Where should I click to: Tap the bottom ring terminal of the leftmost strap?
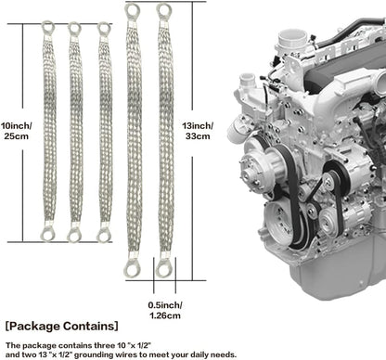tap(48, 234)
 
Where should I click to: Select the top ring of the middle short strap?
tap(75, 28)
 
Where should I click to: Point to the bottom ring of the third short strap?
tap(104, 234)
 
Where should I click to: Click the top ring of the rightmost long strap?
tap(164, 11)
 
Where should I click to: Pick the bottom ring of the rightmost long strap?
tap(164, 269)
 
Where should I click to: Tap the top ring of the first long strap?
tap(134, 11)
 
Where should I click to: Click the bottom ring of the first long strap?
tap(134, 269)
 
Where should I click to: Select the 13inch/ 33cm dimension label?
tap(198, 131)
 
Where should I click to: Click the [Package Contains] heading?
tap(61, 327)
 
